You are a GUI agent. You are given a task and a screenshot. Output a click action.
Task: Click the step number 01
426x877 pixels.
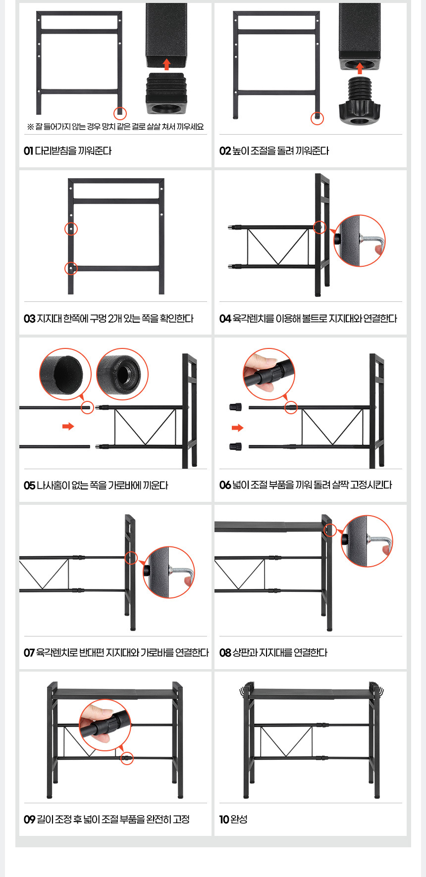(28, 151)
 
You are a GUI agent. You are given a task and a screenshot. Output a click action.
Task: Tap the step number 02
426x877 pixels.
(225, 151)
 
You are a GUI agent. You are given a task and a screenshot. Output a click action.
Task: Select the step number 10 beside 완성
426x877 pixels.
(224, 819)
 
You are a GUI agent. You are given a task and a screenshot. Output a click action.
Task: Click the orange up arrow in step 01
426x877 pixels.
(166, 64)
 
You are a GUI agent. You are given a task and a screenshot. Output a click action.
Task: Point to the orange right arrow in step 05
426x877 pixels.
(68, 426)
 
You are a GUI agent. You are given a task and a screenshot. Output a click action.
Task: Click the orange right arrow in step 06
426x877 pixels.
(238, 428)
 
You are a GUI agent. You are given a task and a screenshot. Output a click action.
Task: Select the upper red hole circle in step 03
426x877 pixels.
(71, 229)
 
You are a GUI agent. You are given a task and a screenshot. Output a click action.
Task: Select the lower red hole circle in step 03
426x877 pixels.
(71, 268)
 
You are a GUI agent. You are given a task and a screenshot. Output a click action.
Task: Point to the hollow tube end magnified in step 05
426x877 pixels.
(65, 374)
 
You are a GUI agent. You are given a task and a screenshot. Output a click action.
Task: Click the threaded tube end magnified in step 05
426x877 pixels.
(122, 374)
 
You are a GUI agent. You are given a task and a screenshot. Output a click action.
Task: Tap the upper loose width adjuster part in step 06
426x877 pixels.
(235, 407)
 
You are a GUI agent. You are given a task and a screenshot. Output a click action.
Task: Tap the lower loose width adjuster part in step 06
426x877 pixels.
(235, 446)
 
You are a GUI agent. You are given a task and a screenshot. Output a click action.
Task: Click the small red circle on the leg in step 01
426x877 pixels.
(120, 113)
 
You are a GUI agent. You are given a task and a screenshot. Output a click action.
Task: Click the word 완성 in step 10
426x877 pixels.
(239, 819)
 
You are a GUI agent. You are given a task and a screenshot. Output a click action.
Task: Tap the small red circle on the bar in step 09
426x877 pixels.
(127, 758)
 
